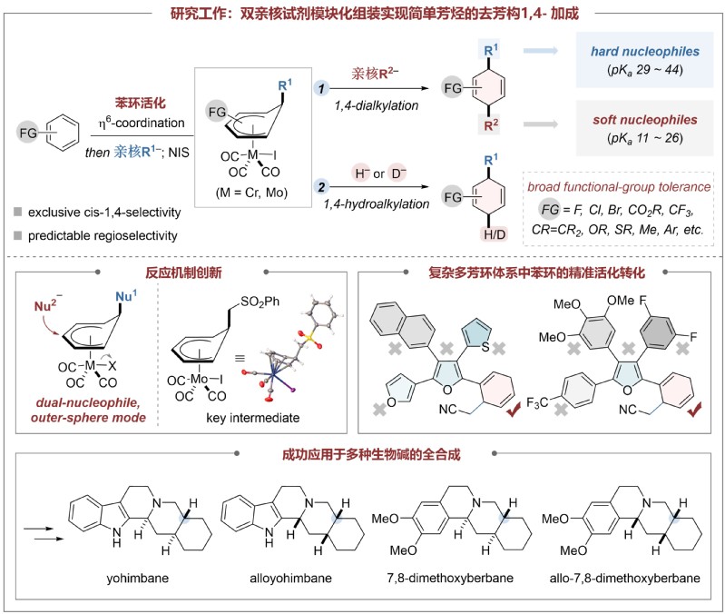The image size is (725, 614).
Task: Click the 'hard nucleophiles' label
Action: click(x=645, y=52)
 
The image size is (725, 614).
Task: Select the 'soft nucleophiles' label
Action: click(x=645, y=120)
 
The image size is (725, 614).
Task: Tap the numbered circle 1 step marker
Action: click(x=321, y=88)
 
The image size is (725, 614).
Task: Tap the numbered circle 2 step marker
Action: click(x=321, y=187)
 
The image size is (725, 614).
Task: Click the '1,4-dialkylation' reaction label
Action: click(x=377, y=105)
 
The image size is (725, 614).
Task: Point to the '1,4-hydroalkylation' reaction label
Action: click(x=377, y=204)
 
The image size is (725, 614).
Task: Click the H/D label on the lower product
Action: click(x=495, y=234)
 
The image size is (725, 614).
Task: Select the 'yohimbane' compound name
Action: click(x=137, y=579)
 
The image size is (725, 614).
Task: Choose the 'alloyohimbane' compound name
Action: click(x=291, y=579)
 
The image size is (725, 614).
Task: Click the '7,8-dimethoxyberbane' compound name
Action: click(x=450, y=579)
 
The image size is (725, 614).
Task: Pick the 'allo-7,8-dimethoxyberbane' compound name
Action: click(x=624, y=579)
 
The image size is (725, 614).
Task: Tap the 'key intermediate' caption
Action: click(x=253, y=418)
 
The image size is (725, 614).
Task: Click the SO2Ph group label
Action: click(x=260, y=302)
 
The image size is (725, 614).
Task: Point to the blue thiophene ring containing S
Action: click(x=476, y=335)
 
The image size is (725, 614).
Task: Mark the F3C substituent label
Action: click(x=537, y=403)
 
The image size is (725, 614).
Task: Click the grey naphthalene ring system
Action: click(x=402, y=325)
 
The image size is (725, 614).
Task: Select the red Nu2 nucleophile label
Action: click(x=47, y=305)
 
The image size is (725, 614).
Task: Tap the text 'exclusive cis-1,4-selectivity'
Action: click(x=104, y=213)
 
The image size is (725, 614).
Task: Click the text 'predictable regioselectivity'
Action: click(x=103, y=236)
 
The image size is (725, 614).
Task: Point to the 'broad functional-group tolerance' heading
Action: click(x=619, y=187)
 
